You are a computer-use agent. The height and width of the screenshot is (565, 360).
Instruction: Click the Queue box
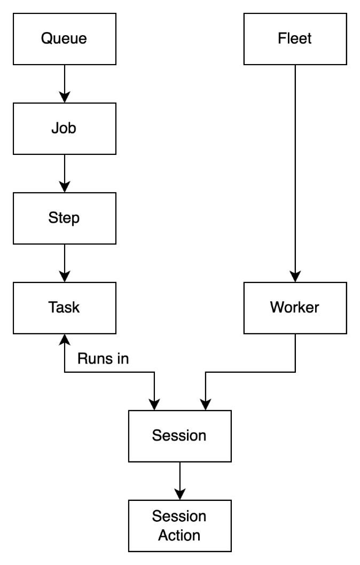pos(64,38)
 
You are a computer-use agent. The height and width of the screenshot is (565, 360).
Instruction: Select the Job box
pos(64,129)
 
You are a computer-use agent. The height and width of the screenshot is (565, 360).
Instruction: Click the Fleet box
pos(295,38)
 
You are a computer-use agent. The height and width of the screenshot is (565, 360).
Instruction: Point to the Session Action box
pos(179,525)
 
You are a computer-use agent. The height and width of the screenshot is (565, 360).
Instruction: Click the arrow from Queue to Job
pos(64,83)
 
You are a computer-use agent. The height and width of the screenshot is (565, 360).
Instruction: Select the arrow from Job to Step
pos(64,174)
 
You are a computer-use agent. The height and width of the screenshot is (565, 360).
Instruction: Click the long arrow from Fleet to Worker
pos(295,171)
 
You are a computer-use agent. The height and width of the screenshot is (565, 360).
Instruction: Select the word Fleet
pos(295,38)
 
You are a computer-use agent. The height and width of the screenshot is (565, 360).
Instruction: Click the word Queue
pos(64,38)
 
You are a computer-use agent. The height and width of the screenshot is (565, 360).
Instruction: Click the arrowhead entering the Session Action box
pos(179,493)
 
